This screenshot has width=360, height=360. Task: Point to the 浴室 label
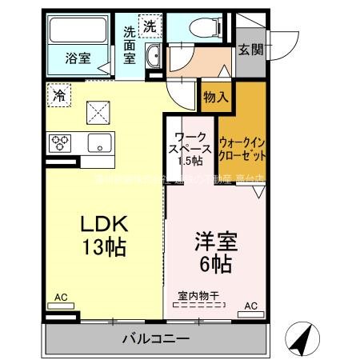click(x=78, y=58)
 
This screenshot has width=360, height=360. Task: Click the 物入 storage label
click(x=216, y=97)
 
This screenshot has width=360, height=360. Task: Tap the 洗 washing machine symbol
click(x=150, y=26)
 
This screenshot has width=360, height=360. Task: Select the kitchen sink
click(x=100, y=145)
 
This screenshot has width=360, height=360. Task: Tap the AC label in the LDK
click(x=61, y=298)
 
